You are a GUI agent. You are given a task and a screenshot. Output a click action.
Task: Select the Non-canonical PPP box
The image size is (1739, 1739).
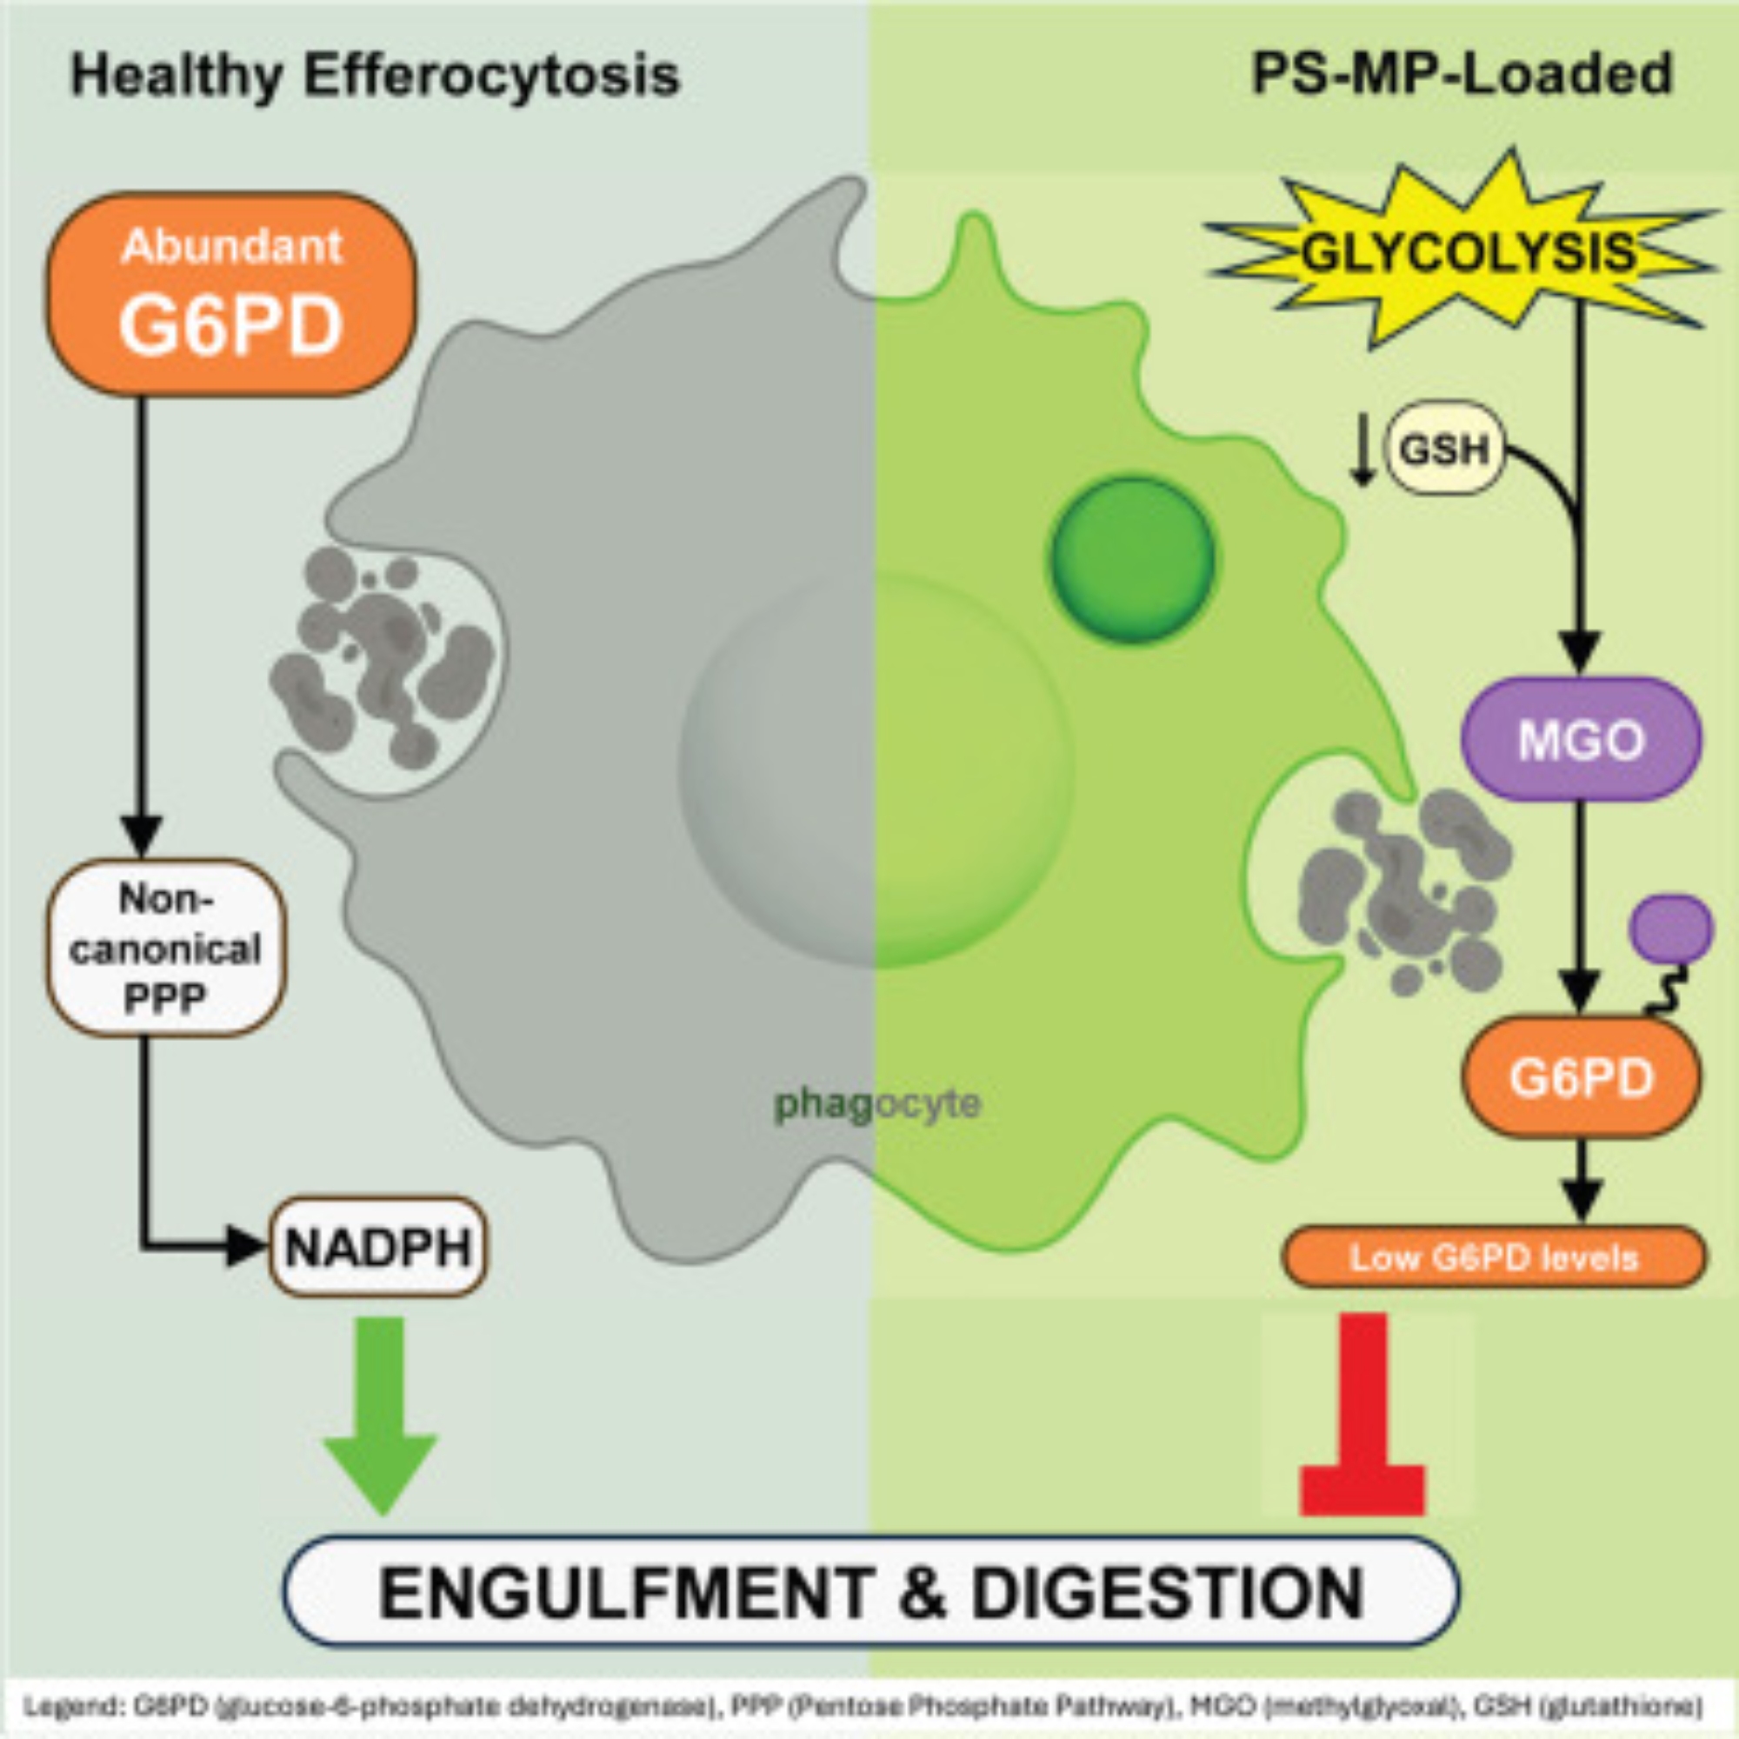[167, 948]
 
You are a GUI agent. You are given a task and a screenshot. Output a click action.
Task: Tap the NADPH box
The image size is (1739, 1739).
[378, 1248]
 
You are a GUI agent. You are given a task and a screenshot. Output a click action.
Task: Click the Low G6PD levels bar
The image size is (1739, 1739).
[1493, 1257]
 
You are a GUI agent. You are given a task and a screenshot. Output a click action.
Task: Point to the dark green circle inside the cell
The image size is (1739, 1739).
[1132, 559]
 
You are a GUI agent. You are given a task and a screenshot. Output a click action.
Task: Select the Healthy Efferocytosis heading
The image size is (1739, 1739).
[376, 76]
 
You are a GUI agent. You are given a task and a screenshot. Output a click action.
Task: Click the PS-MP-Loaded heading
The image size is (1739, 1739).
[1462, 76]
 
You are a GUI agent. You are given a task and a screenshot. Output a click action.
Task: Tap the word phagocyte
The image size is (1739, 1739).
[877, 1103]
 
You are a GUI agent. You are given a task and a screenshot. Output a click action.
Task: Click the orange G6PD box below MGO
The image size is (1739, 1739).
[1582, 1077]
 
